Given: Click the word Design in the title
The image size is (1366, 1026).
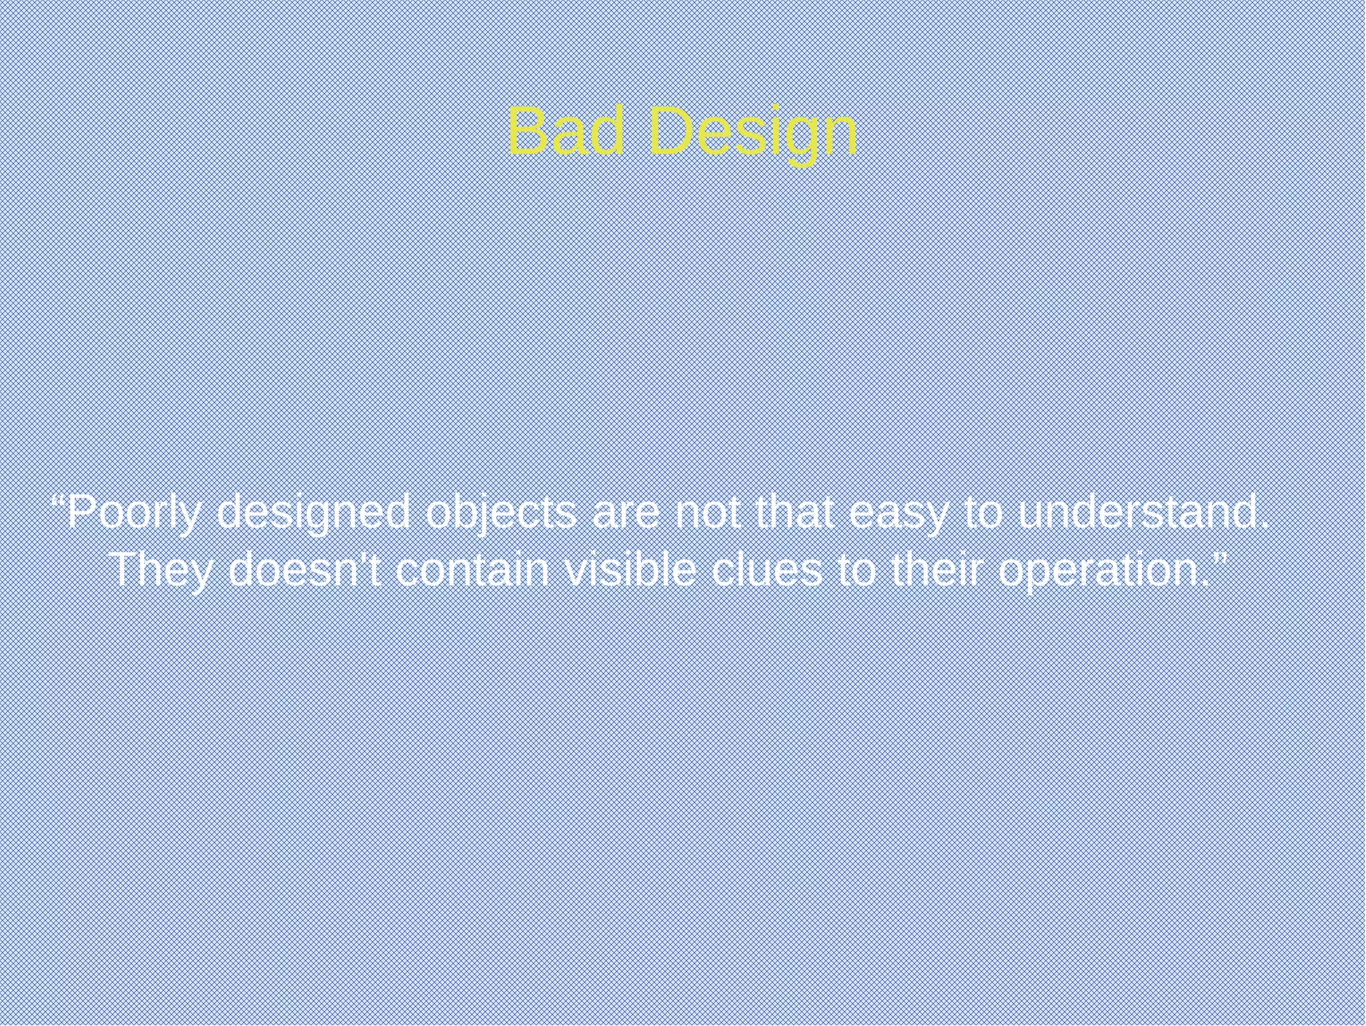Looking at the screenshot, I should point(752,134).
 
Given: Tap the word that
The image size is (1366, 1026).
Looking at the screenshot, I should point(794,513).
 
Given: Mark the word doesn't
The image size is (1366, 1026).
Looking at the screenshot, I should point(305,571).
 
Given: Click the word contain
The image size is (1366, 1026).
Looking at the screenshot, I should point(472,571).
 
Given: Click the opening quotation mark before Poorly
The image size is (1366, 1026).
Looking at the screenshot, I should point(58,502).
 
